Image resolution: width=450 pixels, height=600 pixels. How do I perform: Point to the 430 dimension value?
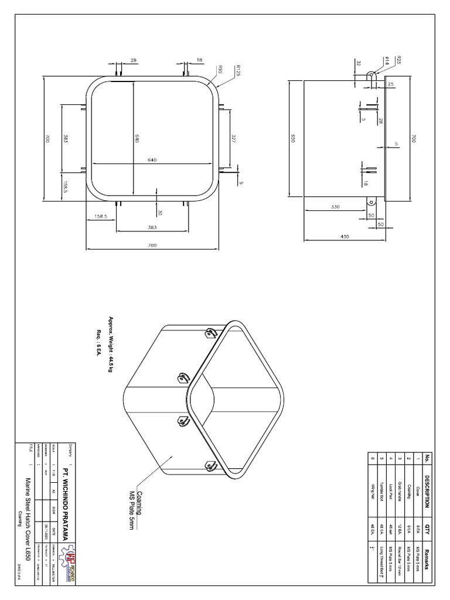pos(345,236)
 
